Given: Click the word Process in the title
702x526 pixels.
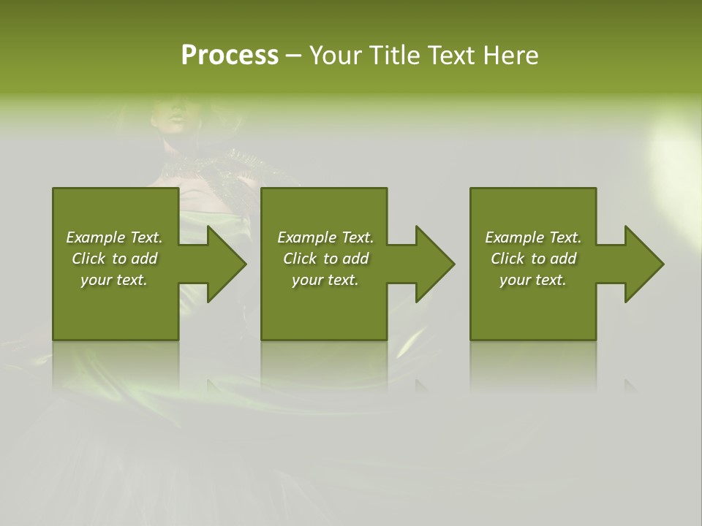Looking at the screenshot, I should pos(230,56).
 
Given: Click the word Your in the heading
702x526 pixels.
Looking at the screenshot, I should pos(335,56).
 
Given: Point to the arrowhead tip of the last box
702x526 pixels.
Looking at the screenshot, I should pos(663,264).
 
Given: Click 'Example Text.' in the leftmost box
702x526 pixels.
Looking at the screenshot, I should pos(114,237).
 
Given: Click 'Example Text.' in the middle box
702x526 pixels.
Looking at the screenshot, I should pos(325,237).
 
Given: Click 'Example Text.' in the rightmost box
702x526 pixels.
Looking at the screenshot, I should pos(533,237).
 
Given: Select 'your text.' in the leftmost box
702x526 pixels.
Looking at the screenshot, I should pos(114,280).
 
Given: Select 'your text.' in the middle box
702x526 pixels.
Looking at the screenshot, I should pos(325,280).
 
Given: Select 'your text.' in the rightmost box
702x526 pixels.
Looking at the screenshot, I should pos(533,280).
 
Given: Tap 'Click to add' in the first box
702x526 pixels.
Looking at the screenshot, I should pos(114,259).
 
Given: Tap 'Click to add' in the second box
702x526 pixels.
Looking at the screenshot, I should pos(325,259).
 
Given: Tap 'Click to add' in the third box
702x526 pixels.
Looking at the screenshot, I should pos(533,259).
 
